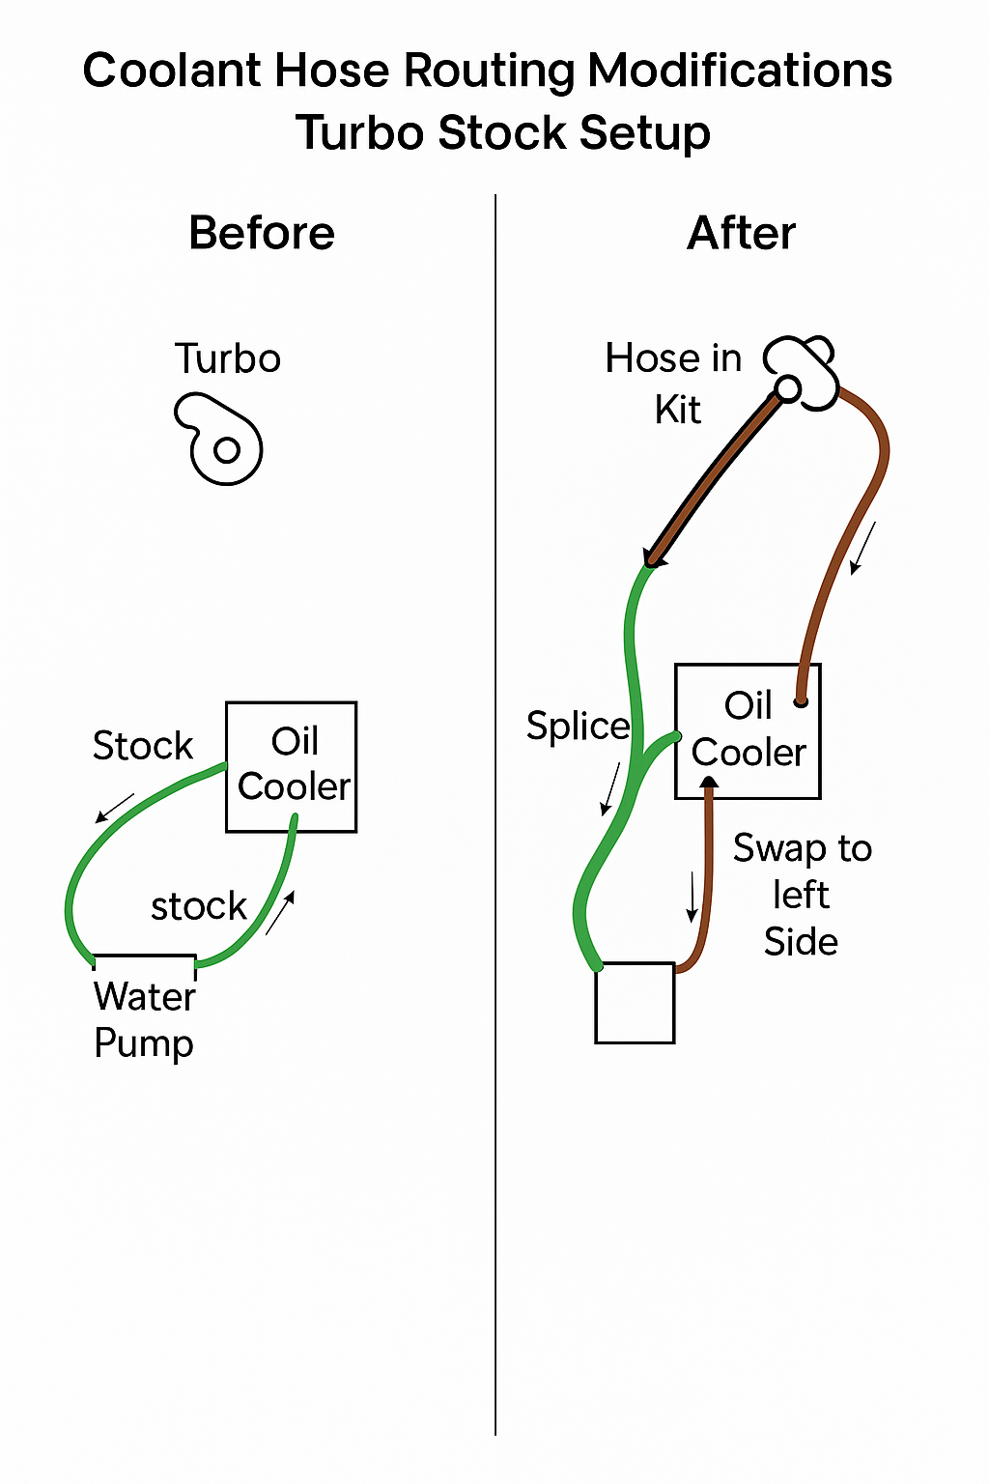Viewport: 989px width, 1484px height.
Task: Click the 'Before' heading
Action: [x=262, y=234]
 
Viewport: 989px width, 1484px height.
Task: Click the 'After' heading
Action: [x=741, y=234]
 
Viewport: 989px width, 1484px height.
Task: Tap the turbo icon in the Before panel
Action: [x=221, y=440]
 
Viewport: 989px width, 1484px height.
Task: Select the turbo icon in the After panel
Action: [x=802, y=373]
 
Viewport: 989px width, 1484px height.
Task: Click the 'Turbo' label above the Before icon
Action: [x=228, y=359]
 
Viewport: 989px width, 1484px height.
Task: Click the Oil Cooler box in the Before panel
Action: [x=292, y=766]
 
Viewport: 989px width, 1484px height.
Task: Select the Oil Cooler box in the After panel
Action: [x=748, y=730]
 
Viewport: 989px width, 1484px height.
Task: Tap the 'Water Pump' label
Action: [x=145, y=1020]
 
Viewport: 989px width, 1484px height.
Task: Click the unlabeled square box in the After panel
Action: [x=635, y=1003]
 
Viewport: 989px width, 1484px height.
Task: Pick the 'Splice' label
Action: [x=578, y=727]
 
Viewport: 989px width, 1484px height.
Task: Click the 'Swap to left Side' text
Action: [x=802, y=895]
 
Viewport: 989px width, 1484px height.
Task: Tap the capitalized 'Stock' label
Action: [x=143, y=746]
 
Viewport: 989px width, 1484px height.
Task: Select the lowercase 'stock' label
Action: [x=199, y=907]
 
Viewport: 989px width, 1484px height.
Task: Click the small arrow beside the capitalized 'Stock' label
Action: [x=115, y=808]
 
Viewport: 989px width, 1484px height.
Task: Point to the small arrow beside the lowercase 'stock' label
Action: [x=280, y=912]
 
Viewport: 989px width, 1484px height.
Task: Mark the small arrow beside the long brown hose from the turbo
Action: [x=862, y=548]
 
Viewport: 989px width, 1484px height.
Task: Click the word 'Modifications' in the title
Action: [x=740, y=71]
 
